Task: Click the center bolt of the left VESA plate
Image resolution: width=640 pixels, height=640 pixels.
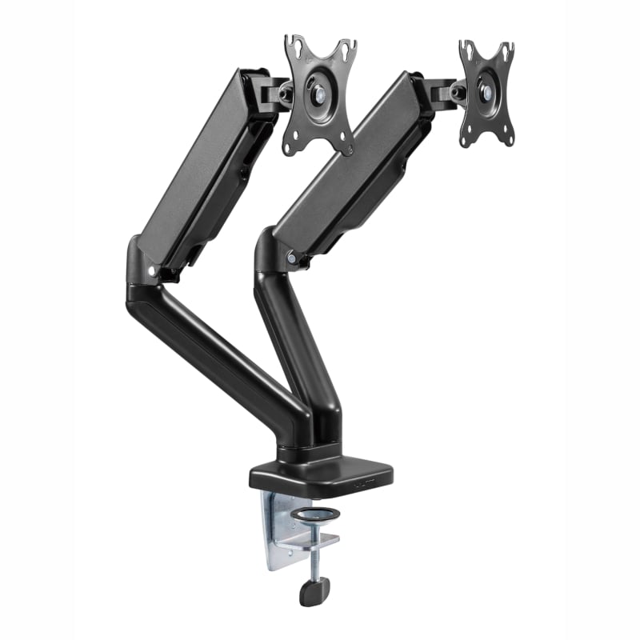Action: point(318,94)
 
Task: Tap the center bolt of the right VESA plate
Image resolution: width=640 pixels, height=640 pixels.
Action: point(486,90)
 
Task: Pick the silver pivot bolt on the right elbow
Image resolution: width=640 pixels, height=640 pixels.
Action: point(292,259)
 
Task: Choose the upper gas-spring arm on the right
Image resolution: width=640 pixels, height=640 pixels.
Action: point(352,164)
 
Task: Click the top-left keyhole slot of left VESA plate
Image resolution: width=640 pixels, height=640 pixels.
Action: point(295,45)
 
